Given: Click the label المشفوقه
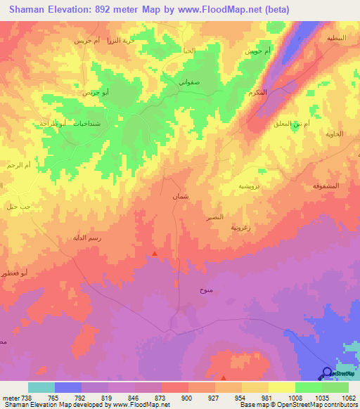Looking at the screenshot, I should (x=326, y=185).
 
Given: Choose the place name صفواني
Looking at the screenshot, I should (x=191, y=82).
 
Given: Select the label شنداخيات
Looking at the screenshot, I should (x=46, y=123).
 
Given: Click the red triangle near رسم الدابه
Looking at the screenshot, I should (x=155, y=253).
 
